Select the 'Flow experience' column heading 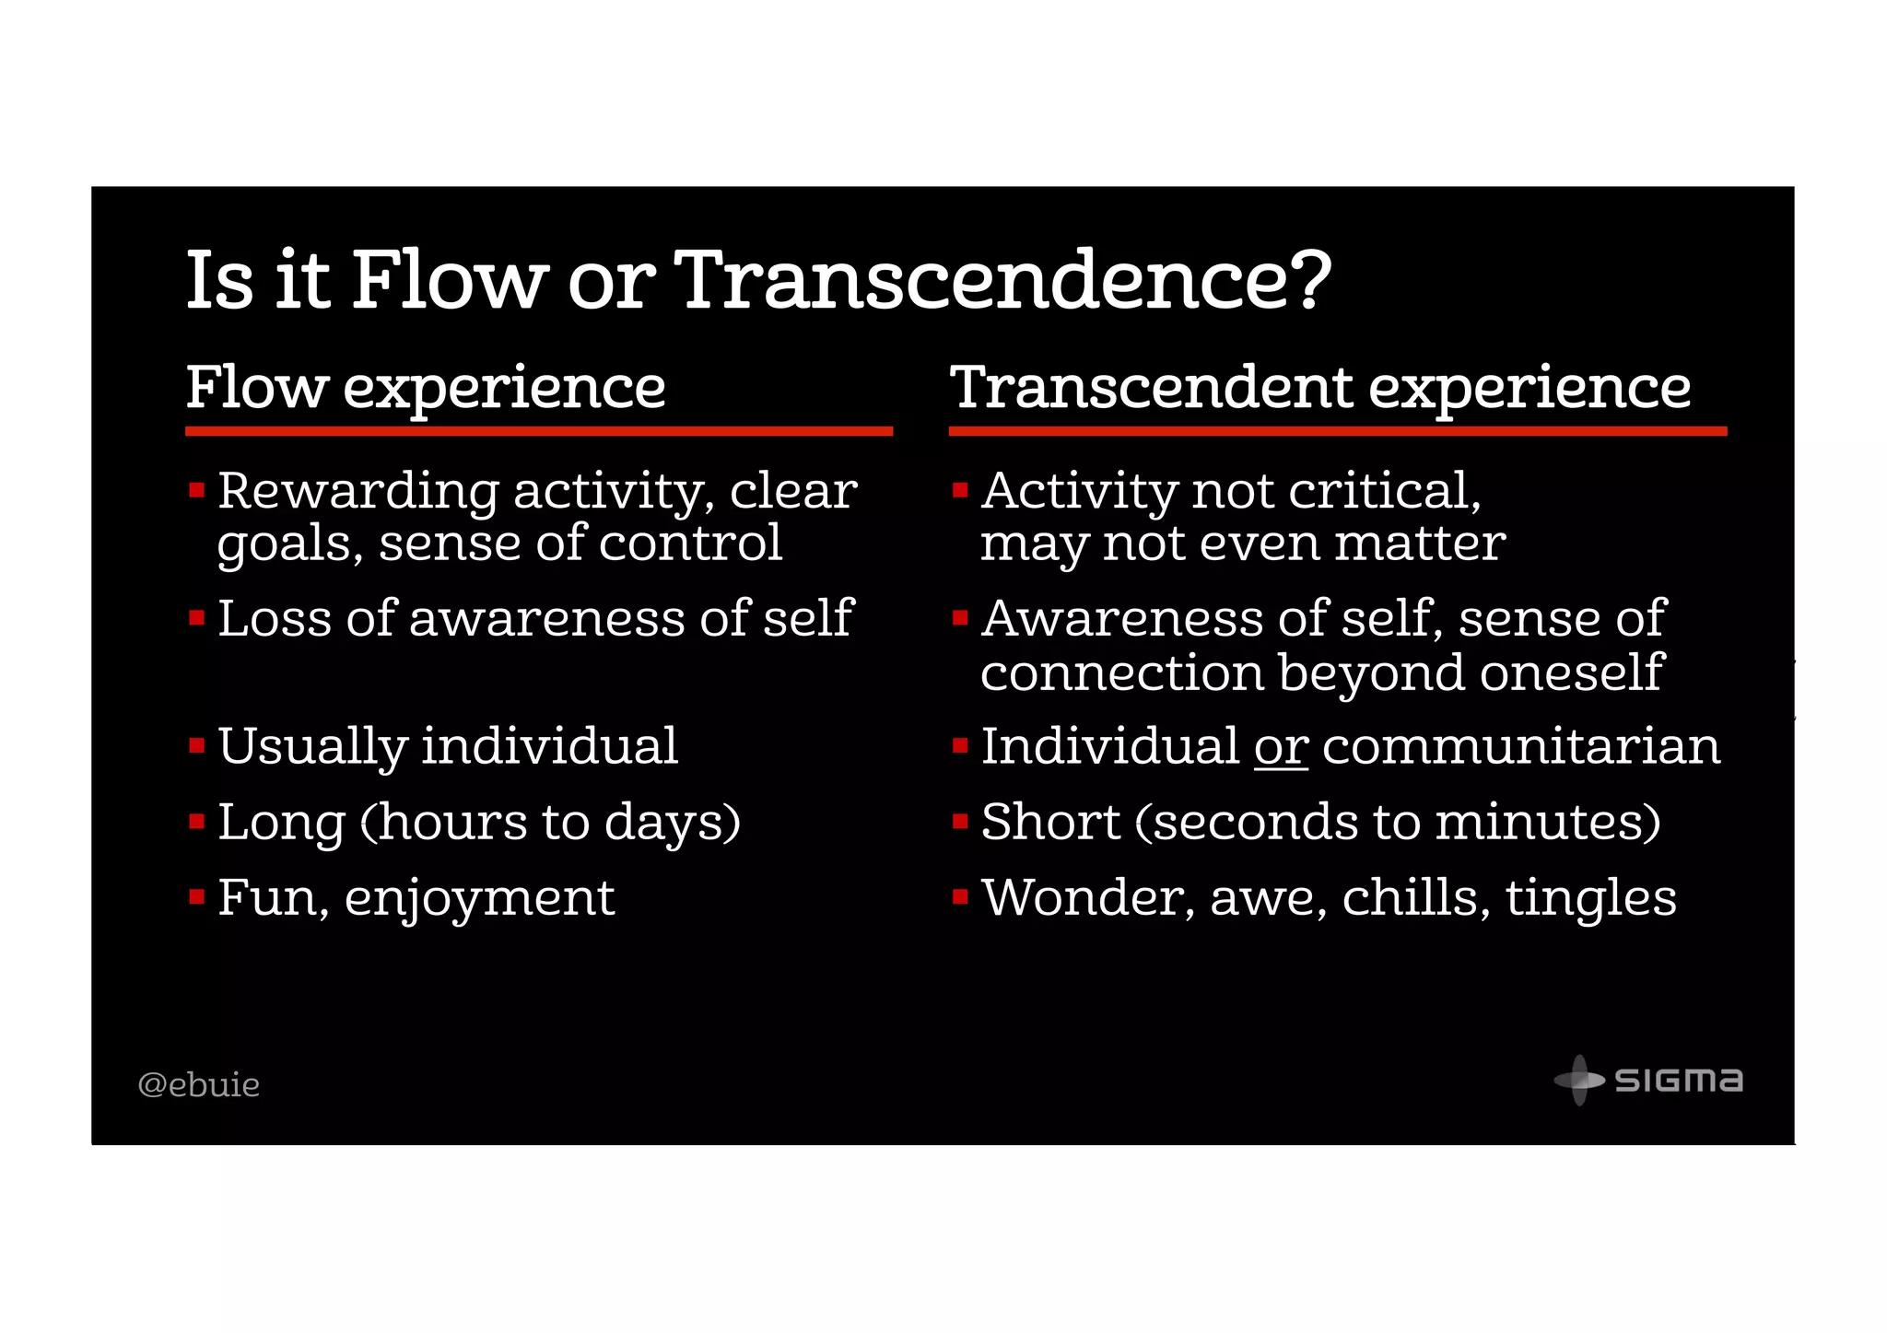(426, 387)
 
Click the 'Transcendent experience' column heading (1320, 387)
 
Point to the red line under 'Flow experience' (539, 430)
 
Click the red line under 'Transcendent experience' (1337, 430)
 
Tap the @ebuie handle (198, 1084)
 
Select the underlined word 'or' (1281, 746)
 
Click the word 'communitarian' (1521, 746)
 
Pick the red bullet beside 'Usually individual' (196, 745)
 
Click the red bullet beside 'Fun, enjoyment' (196, 896)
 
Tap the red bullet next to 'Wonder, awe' (960, 896)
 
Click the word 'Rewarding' (358, 492)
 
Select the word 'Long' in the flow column (281, 823)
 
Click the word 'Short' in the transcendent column (1050, 822)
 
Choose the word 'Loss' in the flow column (275, 618)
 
